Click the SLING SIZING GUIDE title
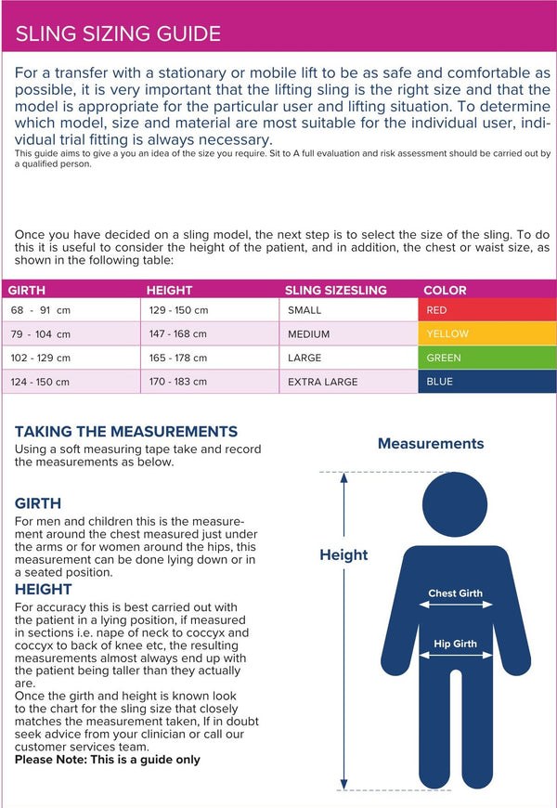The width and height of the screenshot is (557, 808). coord(118,34)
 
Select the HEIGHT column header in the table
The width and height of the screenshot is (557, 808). coord(169,290)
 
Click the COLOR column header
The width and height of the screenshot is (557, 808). coord(445,290)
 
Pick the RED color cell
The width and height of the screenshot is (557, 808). coord(486,309)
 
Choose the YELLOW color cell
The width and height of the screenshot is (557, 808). coord(486,333)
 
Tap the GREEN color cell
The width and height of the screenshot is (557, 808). coord(486,358)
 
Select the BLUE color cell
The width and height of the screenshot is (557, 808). coord(486,382)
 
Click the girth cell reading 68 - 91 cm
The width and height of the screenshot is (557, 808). coord(41,309)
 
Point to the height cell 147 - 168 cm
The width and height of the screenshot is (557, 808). coord(178,333)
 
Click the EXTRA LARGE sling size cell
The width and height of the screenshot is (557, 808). coord(322,382)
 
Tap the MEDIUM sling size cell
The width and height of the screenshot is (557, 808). coord(308,333)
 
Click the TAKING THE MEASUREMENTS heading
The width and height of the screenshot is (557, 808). coord(126,432)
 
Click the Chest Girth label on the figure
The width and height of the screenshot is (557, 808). coord(455,593)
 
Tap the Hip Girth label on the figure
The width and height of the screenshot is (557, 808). coord(455,644)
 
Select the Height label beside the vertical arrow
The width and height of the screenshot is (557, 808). coord(343,554)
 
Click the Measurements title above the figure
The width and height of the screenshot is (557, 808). coord(431,444)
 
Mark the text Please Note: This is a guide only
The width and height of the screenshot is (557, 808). coord(107,760)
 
